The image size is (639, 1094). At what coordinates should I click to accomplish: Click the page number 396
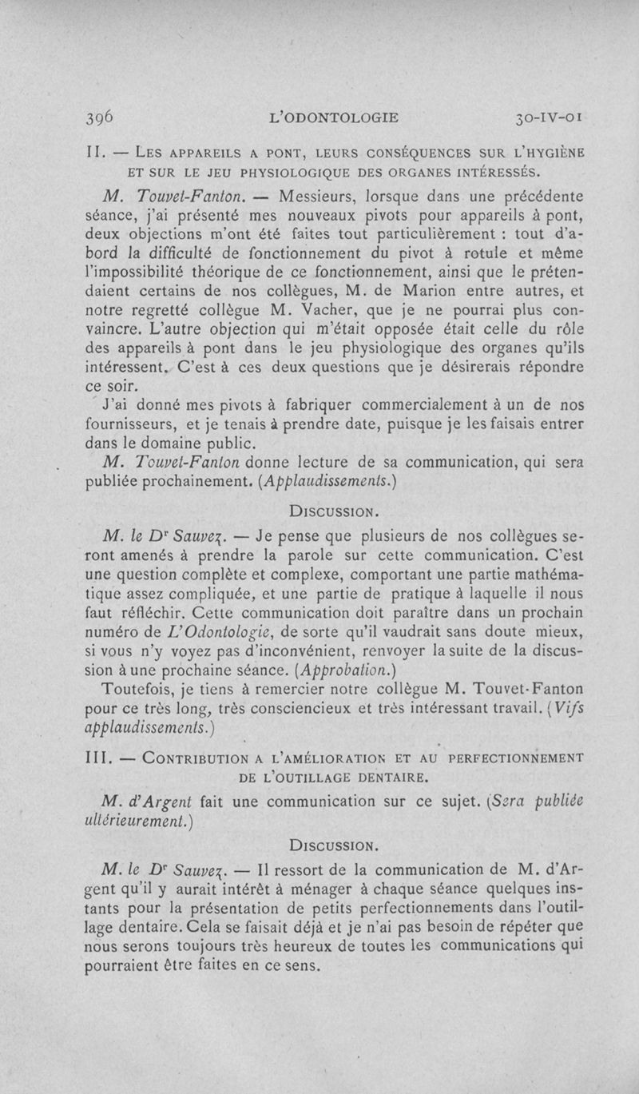point(100,117)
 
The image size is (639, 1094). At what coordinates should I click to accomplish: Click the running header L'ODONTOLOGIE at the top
point(335,117)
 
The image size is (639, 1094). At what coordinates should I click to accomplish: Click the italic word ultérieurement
point(129,820)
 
